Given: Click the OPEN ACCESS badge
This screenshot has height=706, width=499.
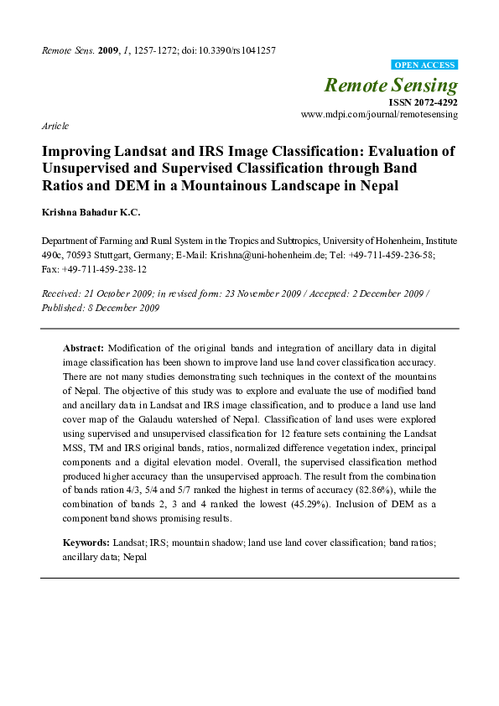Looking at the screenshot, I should [424, 65].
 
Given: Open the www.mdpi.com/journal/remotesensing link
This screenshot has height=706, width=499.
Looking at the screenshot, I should [379, 113].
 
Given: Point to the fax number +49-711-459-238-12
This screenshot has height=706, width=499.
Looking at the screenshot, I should [105, 269].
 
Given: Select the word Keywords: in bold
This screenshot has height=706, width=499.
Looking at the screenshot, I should [86, 543].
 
